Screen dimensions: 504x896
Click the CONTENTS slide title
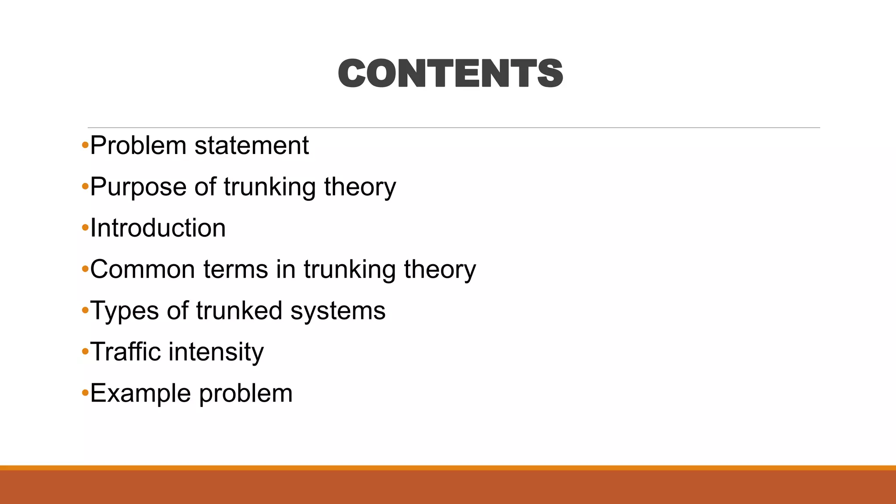pos(450,73)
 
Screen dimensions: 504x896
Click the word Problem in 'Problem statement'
pos(138,145)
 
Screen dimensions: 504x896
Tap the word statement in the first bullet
pos(252,145)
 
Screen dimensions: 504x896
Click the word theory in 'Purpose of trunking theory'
pos(360,187)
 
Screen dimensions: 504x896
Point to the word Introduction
pos(158,228)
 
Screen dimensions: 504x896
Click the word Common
pos(143,269)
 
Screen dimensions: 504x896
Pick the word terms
pos(235,269)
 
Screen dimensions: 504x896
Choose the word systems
pos(338,311)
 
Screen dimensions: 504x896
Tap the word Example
pos(141,393)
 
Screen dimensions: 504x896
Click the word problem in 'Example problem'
pos(246,393)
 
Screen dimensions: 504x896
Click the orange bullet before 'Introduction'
pos(85,228)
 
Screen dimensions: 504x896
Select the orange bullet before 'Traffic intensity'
pos(85,352)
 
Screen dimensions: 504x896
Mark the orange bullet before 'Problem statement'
pos(85,145)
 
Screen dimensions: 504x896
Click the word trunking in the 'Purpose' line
pos(269,187)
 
